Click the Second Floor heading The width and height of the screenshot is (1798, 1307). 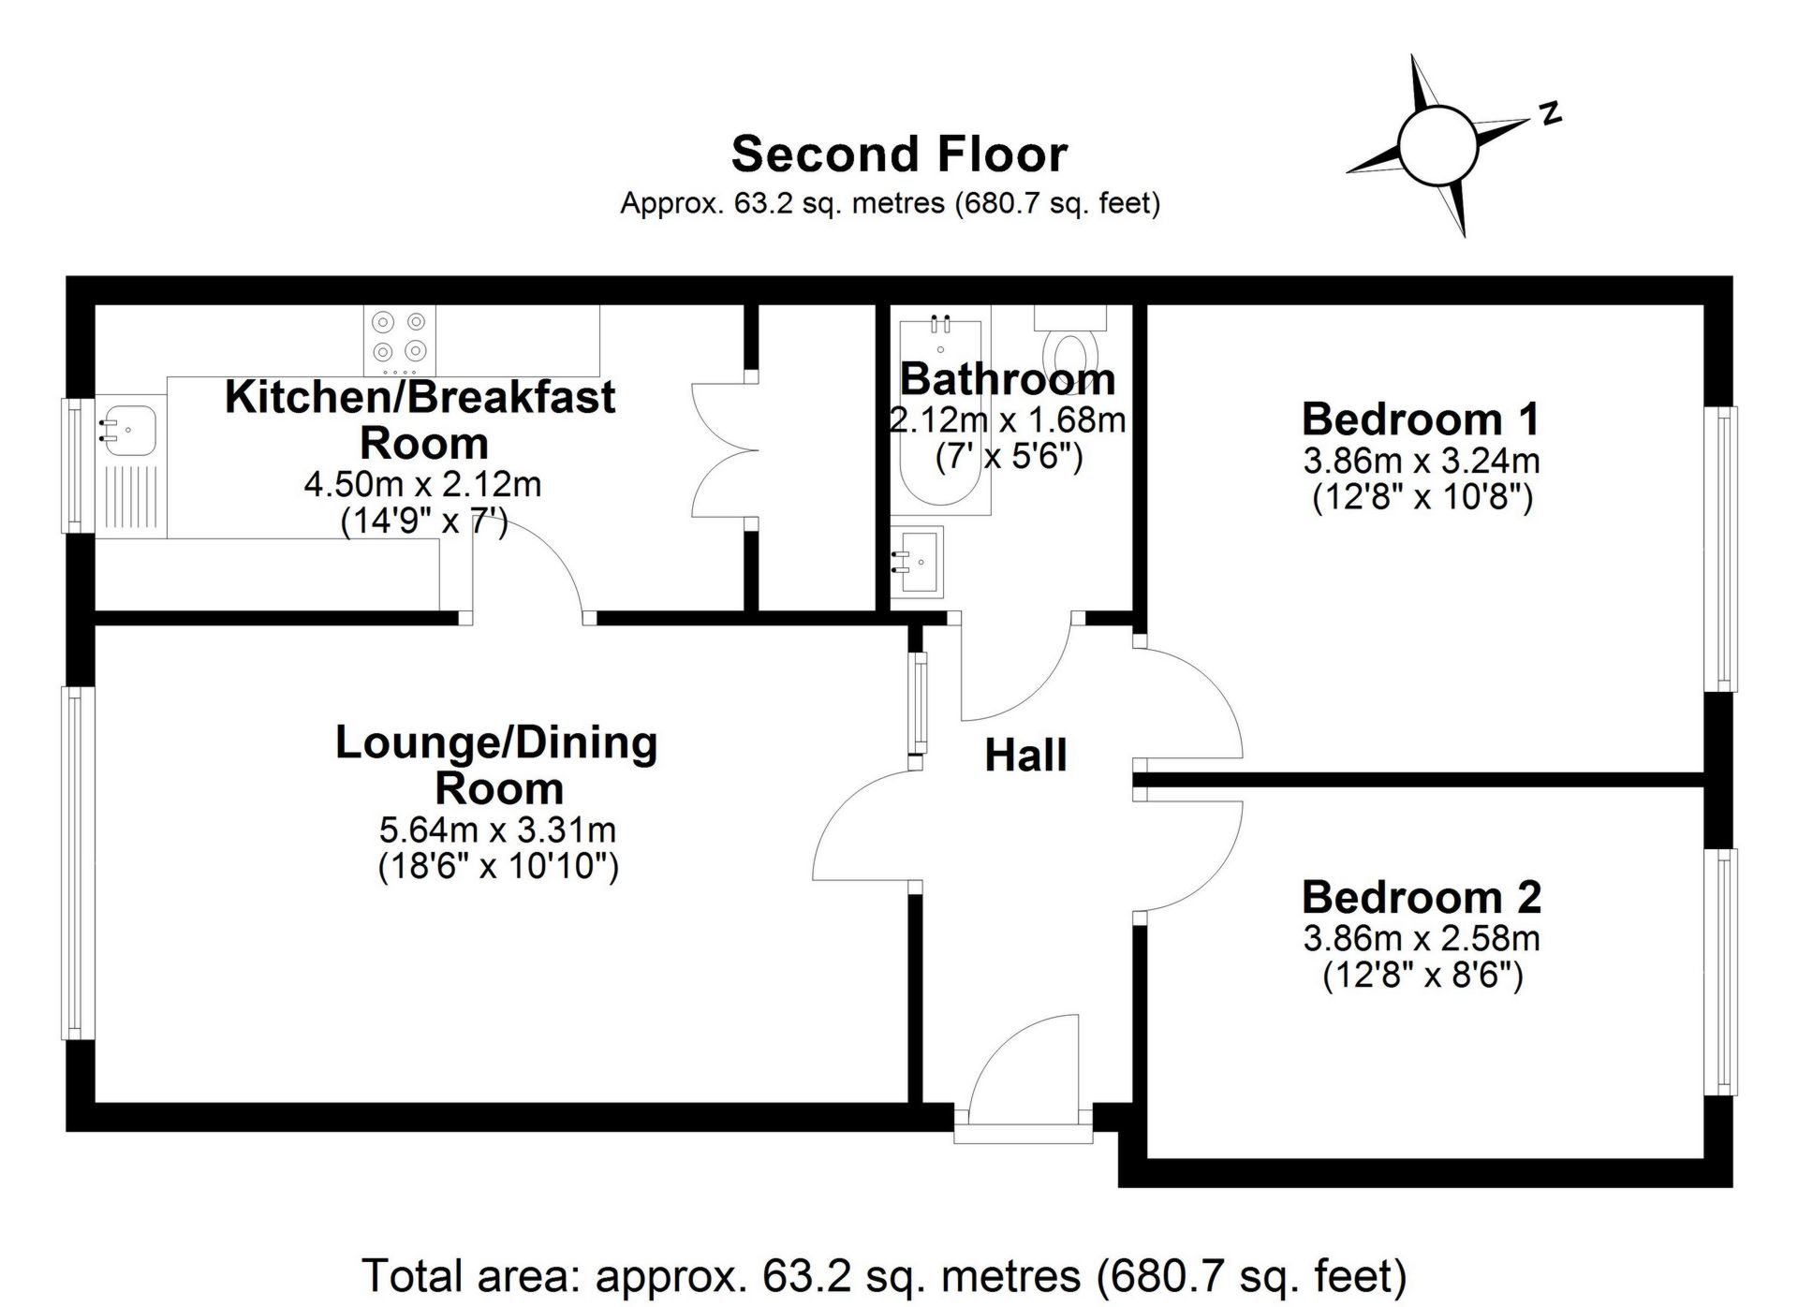click(899, 154)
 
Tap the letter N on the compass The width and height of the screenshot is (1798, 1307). click(1551, 112)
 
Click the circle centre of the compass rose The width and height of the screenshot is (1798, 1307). click(1437, 145)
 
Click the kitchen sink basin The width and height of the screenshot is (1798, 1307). click(128, 427)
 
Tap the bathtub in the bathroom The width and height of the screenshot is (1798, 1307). click(940, 412)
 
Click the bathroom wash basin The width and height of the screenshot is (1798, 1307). click(918, 562)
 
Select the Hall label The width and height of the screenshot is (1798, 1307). click(1025, 756)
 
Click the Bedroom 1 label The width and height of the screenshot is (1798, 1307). click(1421, 419)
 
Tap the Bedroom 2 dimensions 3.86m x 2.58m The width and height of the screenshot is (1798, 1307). click(1422, 938)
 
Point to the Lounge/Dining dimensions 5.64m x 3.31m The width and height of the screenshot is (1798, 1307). click(497, 830)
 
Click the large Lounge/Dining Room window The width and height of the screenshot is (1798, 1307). click(78, 862)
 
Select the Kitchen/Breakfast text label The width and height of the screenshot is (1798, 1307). click(420, 398)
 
